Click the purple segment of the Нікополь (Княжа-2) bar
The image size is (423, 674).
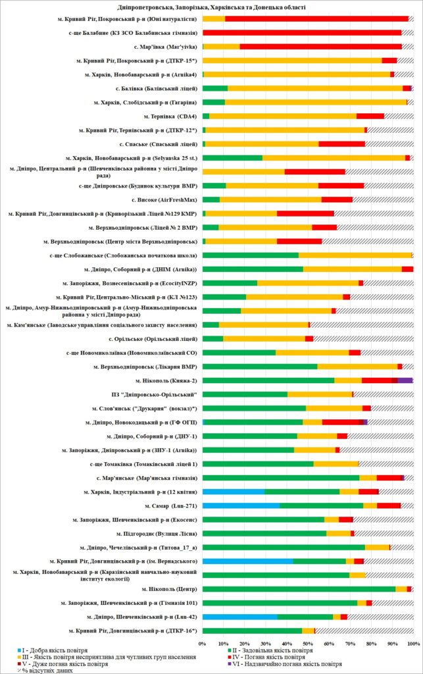tap(405, 380)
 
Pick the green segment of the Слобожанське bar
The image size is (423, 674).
tap(250, 255)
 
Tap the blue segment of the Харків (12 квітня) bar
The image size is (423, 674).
tap(233, 492)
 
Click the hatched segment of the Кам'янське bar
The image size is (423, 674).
tap(361, 324)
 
